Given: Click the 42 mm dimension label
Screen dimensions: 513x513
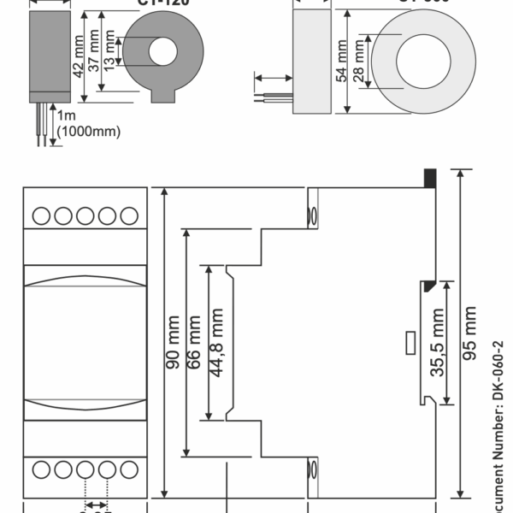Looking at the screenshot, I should pos(80,56).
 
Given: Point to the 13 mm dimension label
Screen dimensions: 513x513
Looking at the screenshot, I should pos(109,54).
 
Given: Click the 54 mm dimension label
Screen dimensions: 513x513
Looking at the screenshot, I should pos(341,63).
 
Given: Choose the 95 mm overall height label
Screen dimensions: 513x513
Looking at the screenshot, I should pos(469,337).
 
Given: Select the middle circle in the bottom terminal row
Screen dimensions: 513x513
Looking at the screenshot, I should pos(85,469).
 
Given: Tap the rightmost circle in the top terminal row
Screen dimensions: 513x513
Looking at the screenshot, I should pos(129,215).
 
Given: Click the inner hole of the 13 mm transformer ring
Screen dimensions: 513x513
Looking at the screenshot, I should pos(161,52).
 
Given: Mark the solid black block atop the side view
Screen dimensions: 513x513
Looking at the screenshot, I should pos(430,178).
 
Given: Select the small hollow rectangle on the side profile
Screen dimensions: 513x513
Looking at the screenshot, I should pos(410,344).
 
